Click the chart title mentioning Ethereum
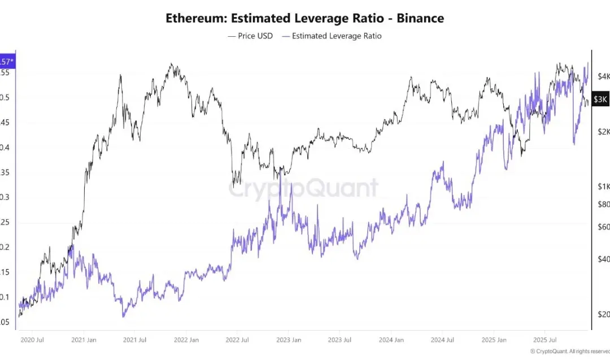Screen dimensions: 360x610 tap(304, 18)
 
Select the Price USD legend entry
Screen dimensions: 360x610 tap(250, 36)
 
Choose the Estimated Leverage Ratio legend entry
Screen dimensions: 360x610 tap(332, 36)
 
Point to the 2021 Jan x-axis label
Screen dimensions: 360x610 tap(84, 340)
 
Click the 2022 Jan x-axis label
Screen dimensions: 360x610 tap(186, 340)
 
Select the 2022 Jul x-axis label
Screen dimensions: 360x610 tap(237, 340)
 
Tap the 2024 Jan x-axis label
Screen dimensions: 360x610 tap(391, 340)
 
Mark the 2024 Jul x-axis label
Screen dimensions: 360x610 tap(442, 340)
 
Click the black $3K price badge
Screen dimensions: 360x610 tap(600, 99)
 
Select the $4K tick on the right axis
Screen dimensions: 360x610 tap(603, 76)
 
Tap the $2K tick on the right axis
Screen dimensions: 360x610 tap(603, 132)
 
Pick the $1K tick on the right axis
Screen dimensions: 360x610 tap(603, 186)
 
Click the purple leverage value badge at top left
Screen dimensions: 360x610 tap(7, 60)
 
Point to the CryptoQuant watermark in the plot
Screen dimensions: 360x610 tap(303, 188)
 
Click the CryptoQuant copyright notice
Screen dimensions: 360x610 tap(569, 351)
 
